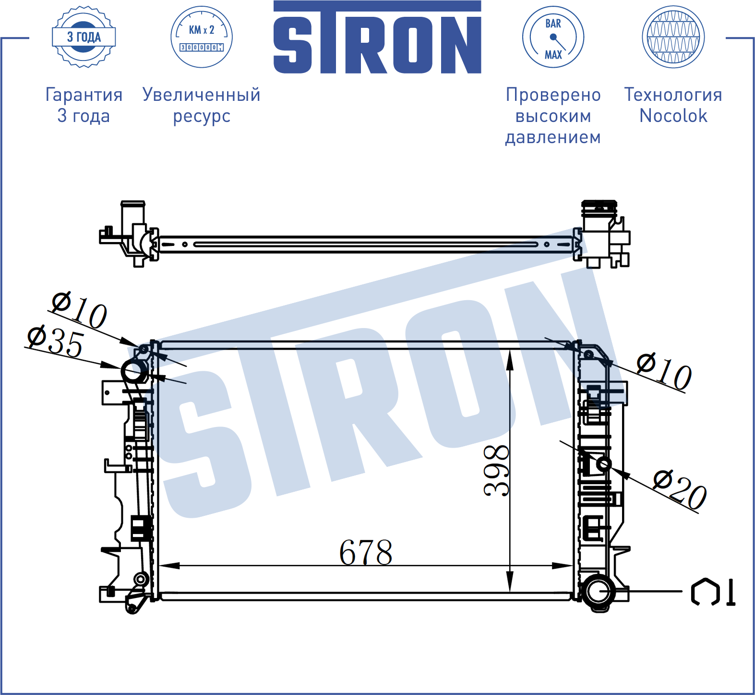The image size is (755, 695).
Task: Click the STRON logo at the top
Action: [377, 37]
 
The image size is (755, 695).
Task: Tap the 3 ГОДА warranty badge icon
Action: [84, 37]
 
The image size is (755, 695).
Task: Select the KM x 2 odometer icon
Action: [202, 37]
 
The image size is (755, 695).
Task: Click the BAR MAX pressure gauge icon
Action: [553, 37]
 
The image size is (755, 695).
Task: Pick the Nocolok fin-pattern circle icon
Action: [673, 37]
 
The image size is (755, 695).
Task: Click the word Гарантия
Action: [84, 95]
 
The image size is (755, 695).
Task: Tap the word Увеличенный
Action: [202, 95]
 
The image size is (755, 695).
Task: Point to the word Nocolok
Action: [673, 116]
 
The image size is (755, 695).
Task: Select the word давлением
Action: [553, 137]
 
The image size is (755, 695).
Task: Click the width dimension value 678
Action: [366, 552]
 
